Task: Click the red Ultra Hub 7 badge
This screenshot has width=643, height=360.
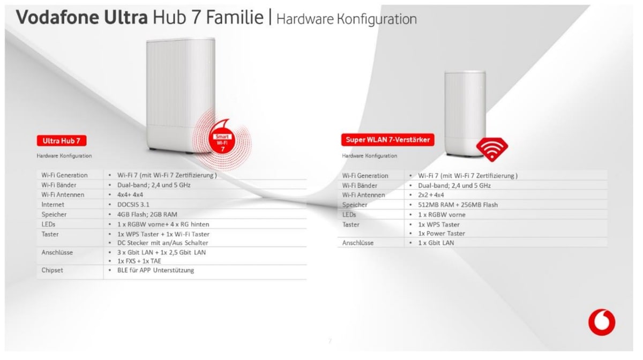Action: coord(62,141)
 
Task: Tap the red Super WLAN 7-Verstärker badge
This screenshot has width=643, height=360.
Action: coord(387,140)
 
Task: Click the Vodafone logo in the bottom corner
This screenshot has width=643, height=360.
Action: coord(602,322)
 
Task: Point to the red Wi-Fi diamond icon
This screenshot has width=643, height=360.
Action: coord(492,149)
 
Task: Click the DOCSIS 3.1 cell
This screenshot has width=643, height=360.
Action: coord(133,205)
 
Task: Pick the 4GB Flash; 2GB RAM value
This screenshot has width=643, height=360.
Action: coord(147,214)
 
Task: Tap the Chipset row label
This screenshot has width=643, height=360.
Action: coord(52,270)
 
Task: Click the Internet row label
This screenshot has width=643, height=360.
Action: coord(53,205)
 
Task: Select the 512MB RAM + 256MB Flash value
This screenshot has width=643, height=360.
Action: coord(458,205)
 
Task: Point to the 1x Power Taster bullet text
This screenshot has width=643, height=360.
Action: coord(442,234)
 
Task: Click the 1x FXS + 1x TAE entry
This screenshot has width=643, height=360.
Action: coord(139,261)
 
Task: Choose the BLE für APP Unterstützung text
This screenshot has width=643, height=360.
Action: coord(155,270)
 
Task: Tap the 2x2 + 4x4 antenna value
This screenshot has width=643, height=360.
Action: coord(431,195)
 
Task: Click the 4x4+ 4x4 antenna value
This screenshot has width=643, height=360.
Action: coord(130,194)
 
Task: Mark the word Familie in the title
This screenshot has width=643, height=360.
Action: coord(235,17)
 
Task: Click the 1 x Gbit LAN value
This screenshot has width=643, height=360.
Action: coord(436,243)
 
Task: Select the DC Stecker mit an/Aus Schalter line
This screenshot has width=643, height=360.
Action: coord(163,243)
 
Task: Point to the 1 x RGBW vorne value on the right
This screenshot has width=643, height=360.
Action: coord(442,215)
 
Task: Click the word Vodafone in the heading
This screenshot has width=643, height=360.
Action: coord(58,17)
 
